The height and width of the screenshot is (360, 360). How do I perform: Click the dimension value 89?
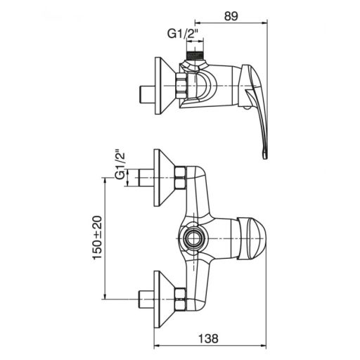tap(231, 16)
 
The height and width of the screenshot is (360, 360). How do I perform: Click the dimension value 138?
tap(208, 339)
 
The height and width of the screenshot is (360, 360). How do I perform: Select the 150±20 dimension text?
tap(98, 238)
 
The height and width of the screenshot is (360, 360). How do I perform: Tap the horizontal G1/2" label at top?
tap(183, 34)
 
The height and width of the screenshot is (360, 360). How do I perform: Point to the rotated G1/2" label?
tap(120, 166)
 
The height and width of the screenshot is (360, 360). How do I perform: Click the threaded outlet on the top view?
tap(194, 55)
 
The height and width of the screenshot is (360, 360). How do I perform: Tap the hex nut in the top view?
tap(181, 85)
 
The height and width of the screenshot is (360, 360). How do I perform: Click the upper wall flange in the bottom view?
tap(165, 178)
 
